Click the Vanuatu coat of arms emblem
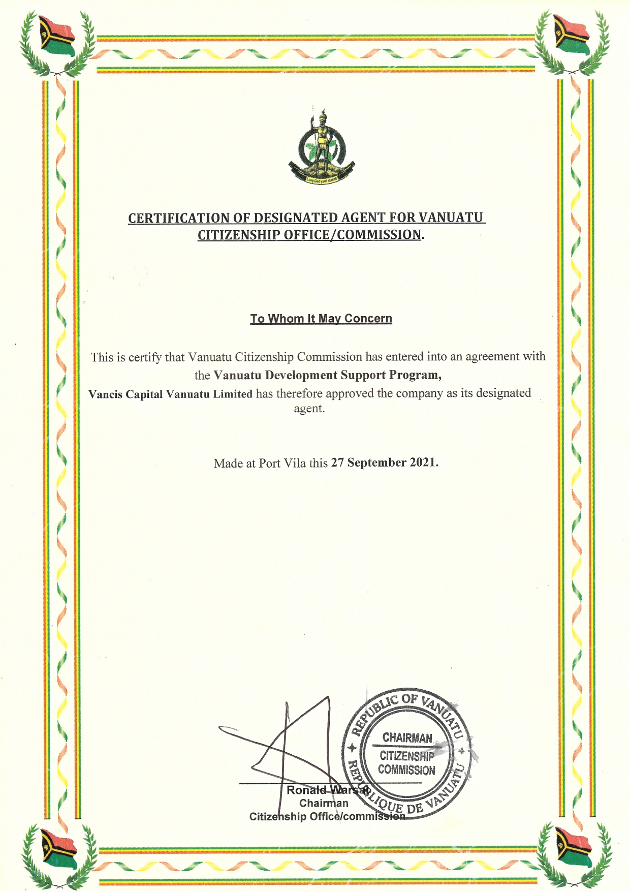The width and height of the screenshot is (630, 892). pyautogui.click(x=321, y=147)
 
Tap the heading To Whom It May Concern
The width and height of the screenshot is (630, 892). pyautogui.click(x=321, y=319)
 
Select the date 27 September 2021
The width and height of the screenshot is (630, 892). pyautogui.click(x=385, y=463)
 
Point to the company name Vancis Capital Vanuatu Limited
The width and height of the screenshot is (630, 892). pyautogui.click(x=170, y=394)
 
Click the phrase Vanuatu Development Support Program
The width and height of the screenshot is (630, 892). pyautogui.click(x=327, y=375)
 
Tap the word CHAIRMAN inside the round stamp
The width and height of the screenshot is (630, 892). pyautogui.click(x=407, y=737)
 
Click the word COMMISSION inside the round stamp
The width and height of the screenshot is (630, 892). pyautogui.click(x=406, y=770)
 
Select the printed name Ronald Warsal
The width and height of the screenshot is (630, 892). pyautogui.click(x=328, y=790)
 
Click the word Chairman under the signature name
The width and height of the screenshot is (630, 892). pyautogui.click(x=324, y=803)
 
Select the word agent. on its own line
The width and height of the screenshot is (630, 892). pyautogui.click(x=309, y=409)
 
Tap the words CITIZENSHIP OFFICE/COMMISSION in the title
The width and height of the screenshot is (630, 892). pyautogui.click(x=309, y=235)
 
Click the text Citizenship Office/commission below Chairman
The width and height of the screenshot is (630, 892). pyautogui.click(x=327, y=817)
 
